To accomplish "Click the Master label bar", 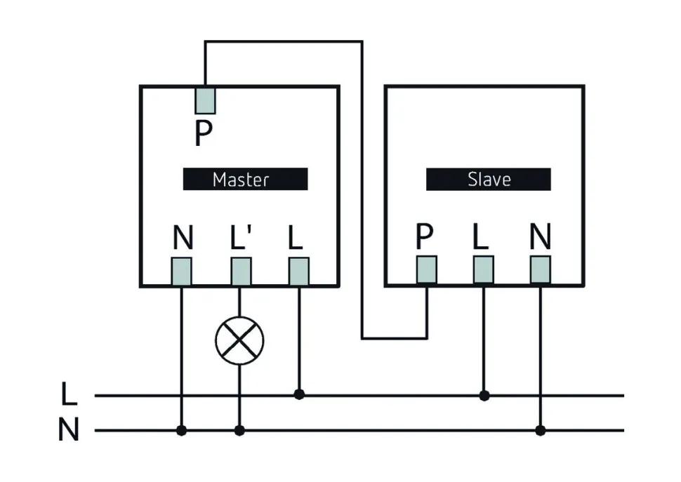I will (x=245, y=180).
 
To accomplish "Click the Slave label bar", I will (x=488, y=180).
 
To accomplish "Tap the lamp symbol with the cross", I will (x=239, y=340).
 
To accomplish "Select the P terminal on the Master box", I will (x=204, y=100).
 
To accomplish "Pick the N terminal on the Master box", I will (x=182, y=271).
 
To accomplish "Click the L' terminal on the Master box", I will (x=241, y=271).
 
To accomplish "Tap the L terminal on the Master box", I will (x=299, y=271).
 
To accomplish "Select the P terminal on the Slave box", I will (x=426, y=269).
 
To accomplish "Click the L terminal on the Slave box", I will (x=483, y=269).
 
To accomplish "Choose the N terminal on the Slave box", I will (x=540, y=269).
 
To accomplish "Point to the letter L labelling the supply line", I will (x=68, y=395).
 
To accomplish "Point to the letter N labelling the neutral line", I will (x=68, y=430).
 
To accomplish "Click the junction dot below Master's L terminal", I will (x=299, y=395).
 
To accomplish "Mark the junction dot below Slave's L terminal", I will (x=483, y=396).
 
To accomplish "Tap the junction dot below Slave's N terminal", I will (x=540, y=430).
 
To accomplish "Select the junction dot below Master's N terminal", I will (x=182, y=430).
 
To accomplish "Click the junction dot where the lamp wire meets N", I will (x=239, y=430).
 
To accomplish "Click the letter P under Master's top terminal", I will (x=203, y=133).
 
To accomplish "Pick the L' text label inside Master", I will (x=241, y=239).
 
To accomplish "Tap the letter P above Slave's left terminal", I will (x=424, y=239).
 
